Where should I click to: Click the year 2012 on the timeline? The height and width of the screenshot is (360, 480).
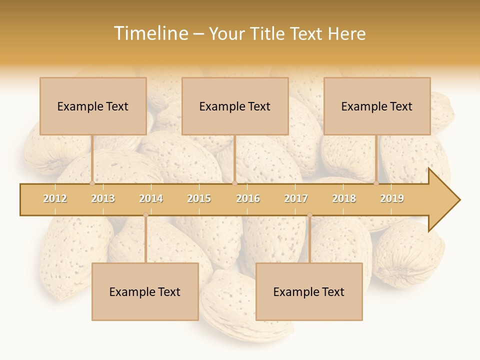[x=55, y=198]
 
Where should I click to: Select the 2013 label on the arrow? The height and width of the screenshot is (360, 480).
[x=103, y=198]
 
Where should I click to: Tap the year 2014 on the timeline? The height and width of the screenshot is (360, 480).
[x=151, y=198]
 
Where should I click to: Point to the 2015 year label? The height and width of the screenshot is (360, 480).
[x=199, y=198]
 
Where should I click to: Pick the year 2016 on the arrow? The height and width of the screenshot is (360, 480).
[x=248, y=198]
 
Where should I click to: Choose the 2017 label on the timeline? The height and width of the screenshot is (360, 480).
[x=296, y=198]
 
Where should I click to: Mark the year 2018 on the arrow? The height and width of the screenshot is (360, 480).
[x=344, y=198]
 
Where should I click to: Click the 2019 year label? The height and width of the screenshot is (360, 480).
[x=392, y=198]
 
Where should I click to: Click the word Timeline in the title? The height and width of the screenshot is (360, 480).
[x=150, y=33]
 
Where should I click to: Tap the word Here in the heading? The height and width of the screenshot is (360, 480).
[x=346, y=33]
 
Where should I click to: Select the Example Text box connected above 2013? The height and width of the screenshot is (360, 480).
[x=93, y=106]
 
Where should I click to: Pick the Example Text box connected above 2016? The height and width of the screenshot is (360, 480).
[x=235, y=106]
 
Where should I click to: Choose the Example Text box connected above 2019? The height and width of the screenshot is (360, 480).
[x=377, y=106]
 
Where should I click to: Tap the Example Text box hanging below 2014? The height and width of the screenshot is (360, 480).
[x=145, y=291]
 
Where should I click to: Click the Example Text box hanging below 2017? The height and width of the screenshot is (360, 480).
[x=309, y=291]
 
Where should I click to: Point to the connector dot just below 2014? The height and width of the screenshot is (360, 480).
[x=145, y=215]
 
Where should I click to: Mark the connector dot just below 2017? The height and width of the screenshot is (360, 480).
[x=309, y=215]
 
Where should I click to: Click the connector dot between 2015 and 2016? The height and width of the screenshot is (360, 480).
[x=234, y=183]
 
